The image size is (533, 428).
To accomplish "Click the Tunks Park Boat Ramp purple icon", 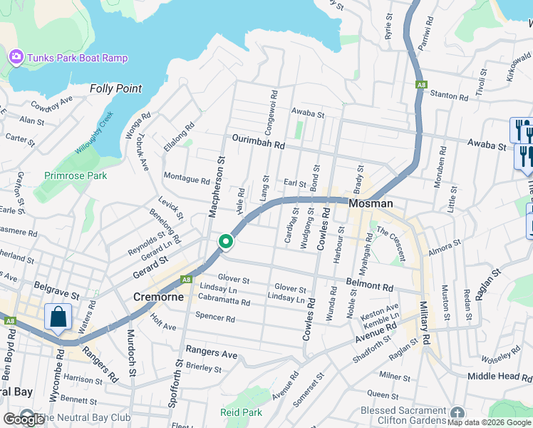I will point(16,56).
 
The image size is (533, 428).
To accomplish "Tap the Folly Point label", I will point(115,89).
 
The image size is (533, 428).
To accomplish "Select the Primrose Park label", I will point(75,175).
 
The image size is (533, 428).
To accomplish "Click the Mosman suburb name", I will point(371,203).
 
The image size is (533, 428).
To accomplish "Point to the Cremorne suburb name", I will point(159,296).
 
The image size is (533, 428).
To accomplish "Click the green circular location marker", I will point(226,243).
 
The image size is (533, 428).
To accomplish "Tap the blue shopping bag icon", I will point(58,316).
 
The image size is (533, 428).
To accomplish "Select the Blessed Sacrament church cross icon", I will point(457,413).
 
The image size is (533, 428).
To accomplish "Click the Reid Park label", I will point(241,412).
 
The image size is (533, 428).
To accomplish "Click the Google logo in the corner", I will point(23,420).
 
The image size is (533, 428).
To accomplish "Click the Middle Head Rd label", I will point(500,376).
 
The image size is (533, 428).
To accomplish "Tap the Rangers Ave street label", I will point(211,353).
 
